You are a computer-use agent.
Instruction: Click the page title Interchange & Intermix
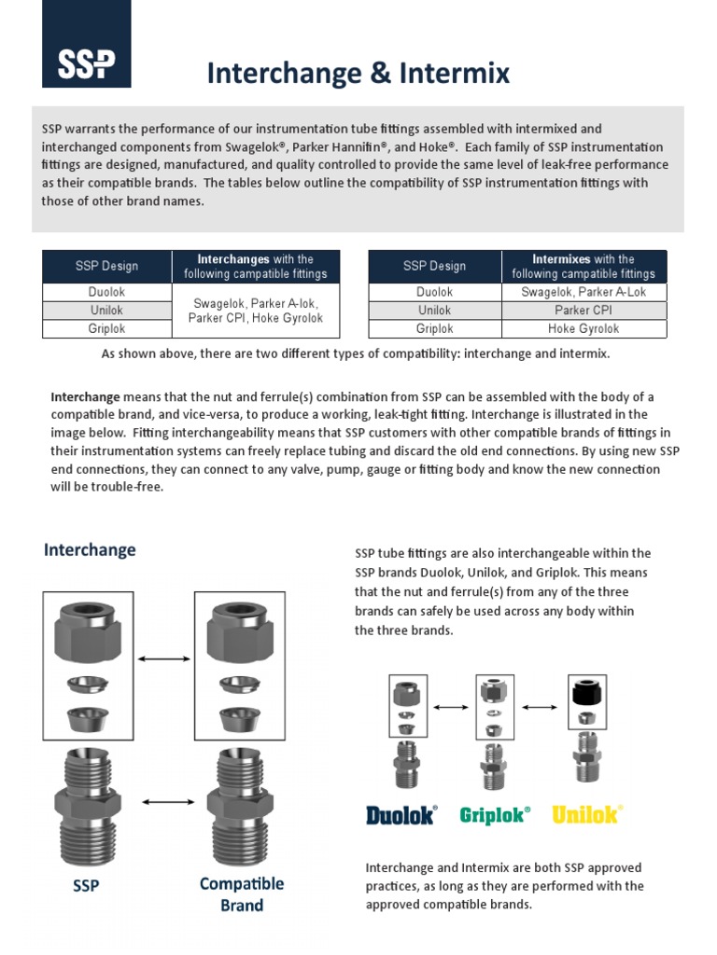(358, 73)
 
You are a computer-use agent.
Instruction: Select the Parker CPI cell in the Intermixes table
(584, 311)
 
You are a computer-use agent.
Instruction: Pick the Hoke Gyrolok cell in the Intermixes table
(584, 329)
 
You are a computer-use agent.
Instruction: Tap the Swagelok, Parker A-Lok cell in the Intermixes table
(584, 292)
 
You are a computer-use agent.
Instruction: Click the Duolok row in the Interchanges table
(107, 292)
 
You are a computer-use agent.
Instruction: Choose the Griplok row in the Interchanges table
(107, 329)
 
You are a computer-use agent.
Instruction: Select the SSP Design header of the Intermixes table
(435, 267)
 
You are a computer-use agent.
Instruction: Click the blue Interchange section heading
(90, 550)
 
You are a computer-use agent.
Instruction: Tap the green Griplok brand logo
(495, 815)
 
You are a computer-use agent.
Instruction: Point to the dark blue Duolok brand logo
(401, 815)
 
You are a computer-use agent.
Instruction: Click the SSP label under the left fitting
(86, 886)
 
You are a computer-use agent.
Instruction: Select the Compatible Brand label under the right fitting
(242, 893)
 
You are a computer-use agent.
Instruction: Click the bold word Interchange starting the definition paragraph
(85, 397)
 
